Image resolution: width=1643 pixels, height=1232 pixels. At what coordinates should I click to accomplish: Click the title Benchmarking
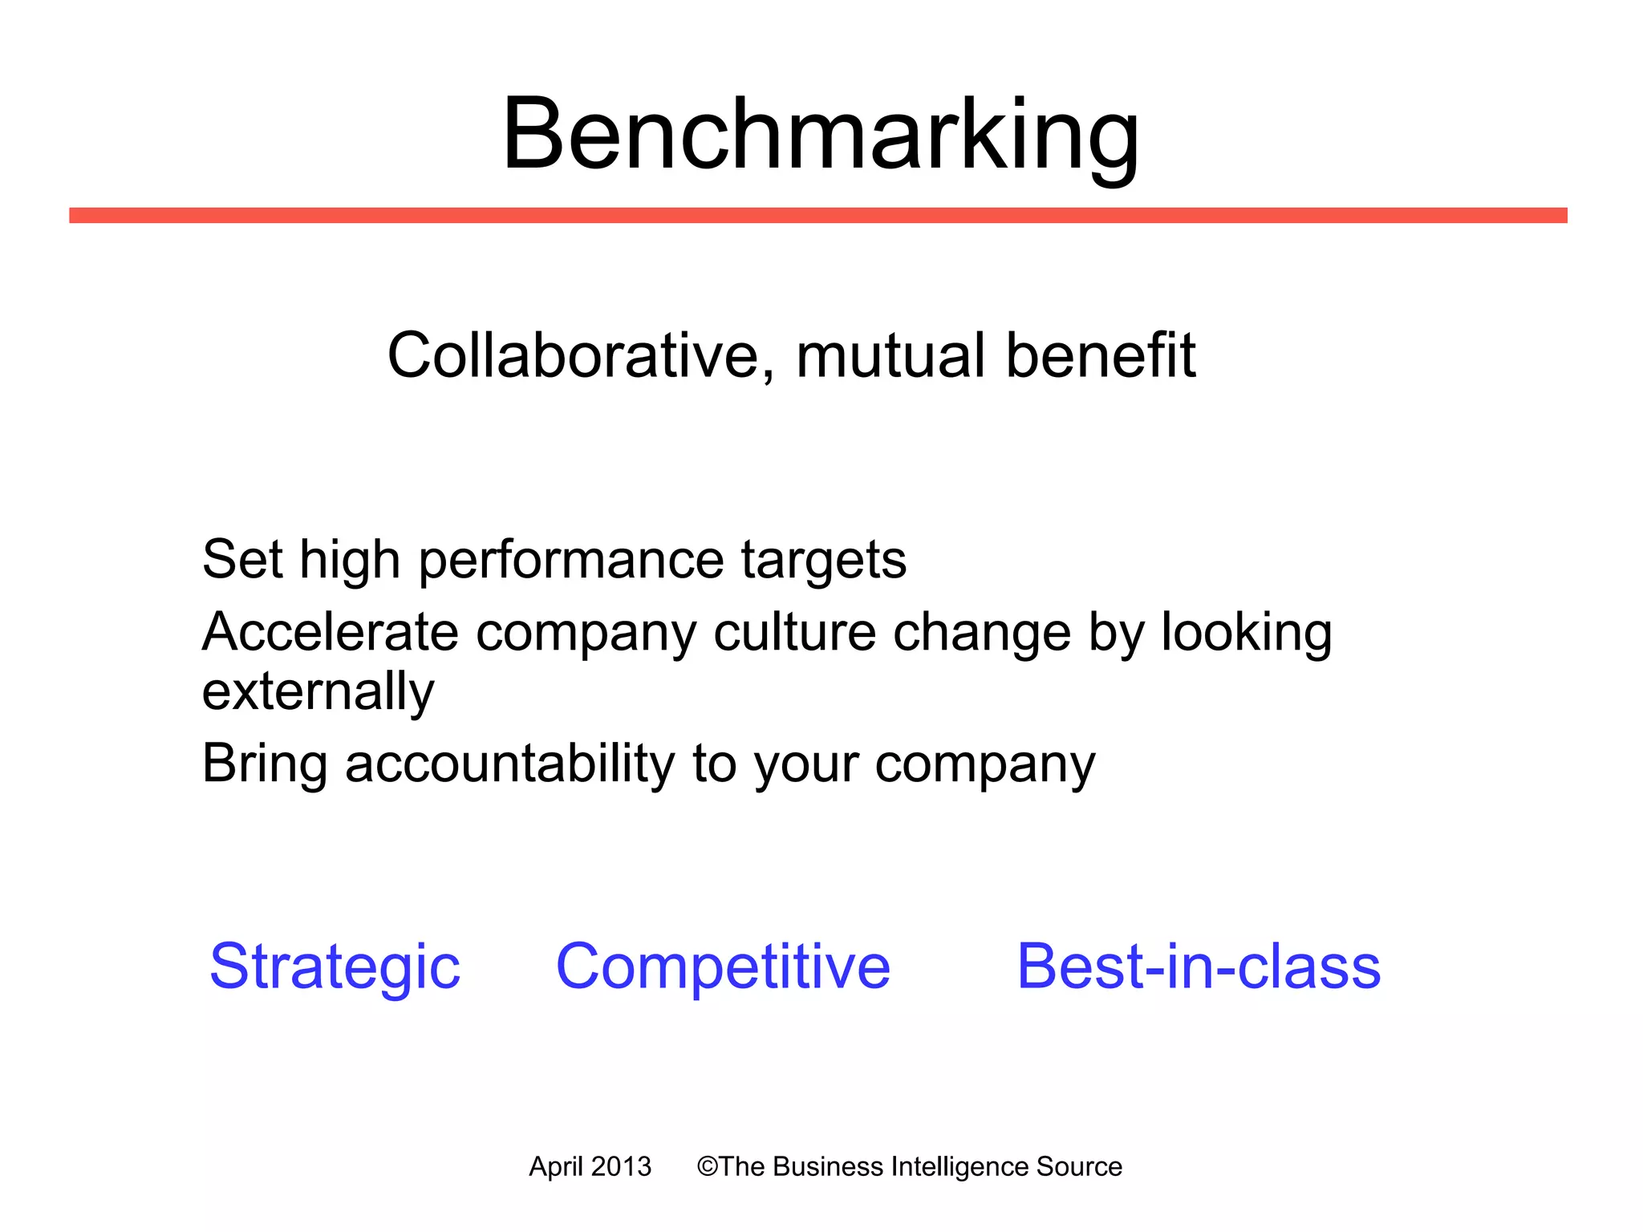[820, 134]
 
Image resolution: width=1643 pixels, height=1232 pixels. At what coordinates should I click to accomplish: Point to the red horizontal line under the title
[818, 215]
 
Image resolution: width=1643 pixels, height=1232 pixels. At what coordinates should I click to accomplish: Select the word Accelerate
[330, 632]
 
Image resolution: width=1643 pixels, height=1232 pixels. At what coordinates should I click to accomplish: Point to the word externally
[318, 692]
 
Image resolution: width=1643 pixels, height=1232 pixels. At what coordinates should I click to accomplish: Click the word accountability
[510, 764]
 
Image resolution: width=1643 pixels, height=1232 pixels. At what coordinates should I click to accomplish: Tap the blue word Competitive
[723, 967]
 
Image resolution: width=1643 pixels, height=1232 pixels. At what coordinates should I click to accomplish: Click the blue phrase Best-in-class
[1199, 967]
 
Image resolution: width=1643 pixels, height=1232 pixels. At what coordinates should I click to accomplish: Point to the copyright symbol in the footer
[707, 1166]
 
